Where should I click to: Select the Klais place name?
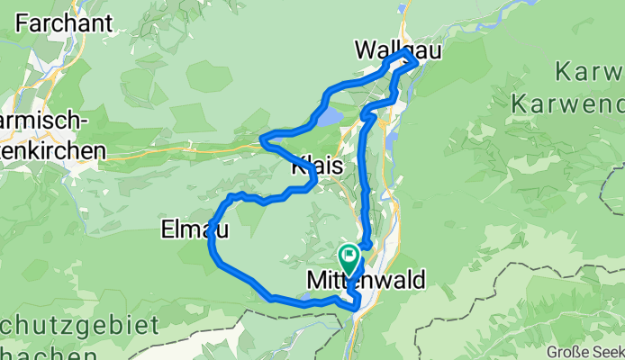[315, 166]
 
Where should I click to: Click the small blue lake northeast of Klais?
[329, 116]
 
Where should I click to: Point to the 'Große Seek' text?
[586, 352]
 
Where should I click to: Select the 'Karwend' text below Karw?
[567, 103]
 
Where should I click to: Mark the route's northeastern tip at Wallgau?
[415, 61]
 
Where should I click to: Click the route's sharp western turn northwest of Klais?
[262, 139]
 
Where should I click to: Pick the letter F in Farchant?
[22, 22]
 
